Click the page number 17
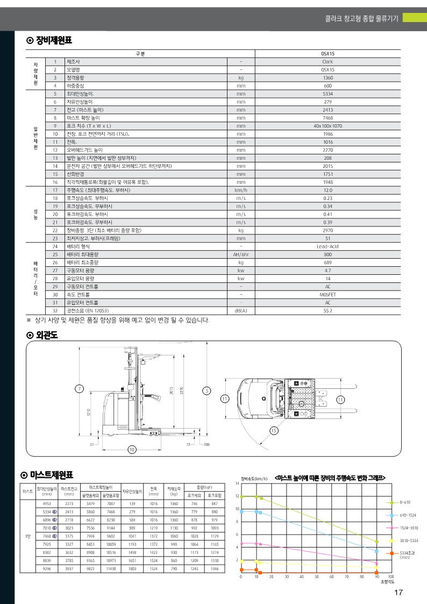398,593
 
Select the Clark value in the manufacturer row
328,61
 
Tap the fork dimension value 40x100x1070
328,125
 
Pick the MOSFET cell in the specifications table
328,294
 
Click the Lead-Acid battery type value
328,246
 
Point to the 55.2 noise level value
328,310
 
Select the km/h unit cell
241,190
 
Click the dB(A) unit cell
241,310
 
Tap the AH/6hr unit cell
241,254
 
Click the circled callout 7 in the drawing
80,388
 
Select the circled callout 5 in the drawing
207,390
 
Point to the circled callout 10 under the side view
132,449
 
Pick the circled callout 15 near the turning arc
274,430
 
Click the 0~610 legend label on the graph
405,502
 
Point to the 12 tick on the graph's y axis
237,496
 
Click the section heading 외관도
47,335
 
